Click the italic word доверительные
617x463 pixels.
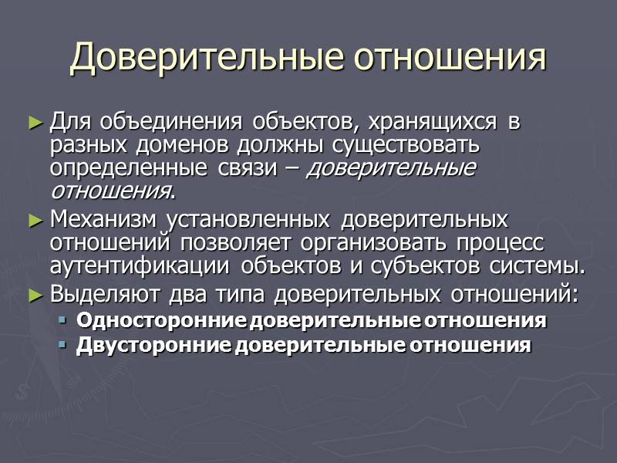tap(391, 168)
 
